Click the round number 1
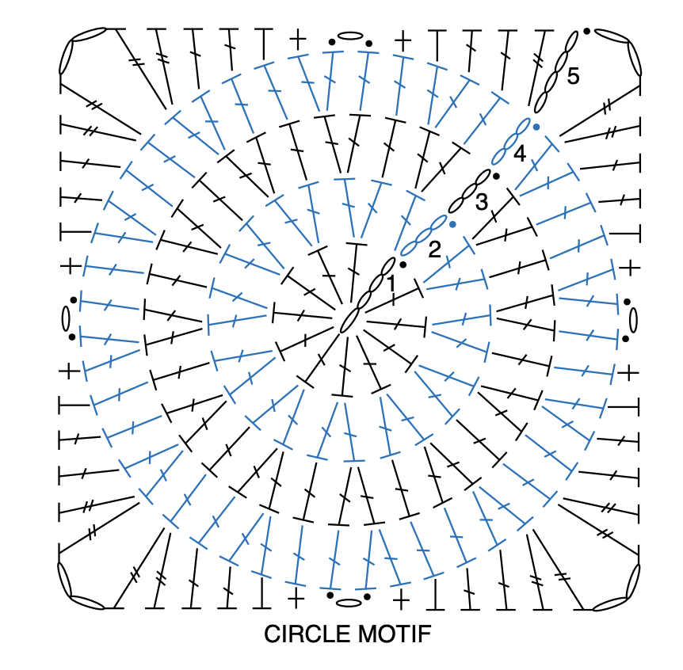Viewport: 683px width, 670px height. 390,283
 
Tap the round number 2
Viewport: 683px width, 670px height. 434,250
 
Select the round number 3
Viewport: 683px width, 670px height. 481,202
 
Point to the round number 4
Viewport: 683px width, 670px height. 519,154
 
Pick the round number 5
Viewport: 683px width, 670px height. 573,76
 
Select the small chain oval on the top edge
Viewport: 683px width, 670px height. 349,36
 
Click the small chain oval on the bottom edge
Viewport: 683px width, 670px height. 349,603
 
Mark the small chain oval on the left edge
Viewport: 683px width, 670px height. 67,318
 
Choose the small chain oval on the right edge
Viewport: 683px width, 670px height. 633,320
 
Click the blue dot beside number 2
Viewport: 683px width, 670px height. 452,224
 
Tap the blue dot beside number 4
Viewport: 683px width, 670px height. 536,127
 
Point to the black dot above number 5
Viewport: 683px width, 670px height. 586,31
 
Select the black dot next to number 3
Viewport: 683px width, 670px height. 496,176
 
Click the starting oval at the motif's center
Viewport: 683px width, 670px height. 348,320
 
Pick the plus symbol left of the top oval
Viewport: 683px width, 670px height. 297,38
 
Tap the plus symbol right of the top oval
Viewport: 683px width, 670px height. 403,38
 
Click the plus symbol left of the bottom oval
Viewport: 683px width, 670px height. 296,597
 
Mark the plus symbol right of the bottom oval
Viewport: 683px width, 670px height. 402,597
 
